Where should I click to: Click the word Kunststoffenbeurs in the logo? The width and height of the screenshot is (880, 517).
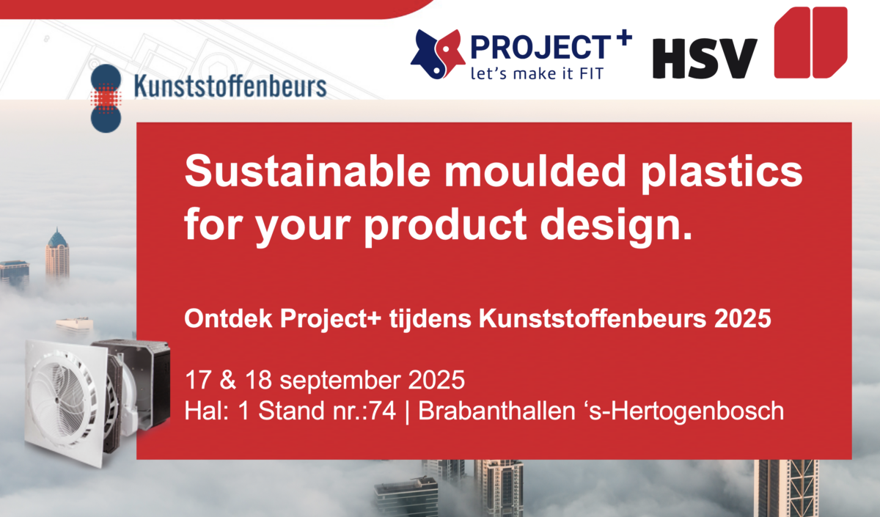(230, 87)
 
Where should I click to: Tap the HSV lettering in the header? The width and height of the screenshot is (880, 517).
(705, 58)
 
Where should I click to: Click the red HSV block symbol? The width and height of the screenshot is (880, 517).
(810, 43)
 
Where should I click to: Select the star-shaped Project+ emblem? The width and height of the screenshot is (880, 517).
(438, 54)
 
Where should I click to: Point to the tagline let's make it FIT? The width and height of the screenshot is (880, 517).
(537, 73)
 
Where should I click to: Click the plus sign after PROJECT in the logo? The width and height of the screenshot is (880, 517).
(622, 37)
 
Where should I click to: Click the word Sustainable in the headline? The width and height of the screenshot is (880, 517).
(307, 172)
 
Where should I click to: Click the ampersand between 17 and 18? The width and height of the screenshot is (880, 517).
(228, 380)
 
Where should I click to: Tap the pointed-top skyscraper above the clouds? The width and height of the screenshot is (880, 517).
(57, 254)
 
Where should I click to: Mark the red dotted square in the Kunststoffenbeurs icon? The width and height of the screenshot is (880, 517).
(106, 98)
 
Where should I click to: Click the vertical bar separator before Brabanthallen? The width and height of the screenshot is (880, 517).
(407, 411)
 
